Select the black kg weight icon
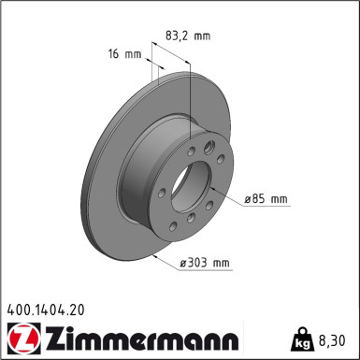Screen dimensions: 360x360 click(304, 338)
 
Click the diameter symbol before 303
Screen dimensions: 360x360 click(184, 263)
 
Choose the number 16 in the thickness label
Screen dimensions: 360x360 click(116, 54)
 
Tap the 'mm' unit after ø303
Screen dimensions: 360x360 click(222, 263)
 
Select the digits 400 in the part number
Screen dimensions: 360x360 click(19, 308)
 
